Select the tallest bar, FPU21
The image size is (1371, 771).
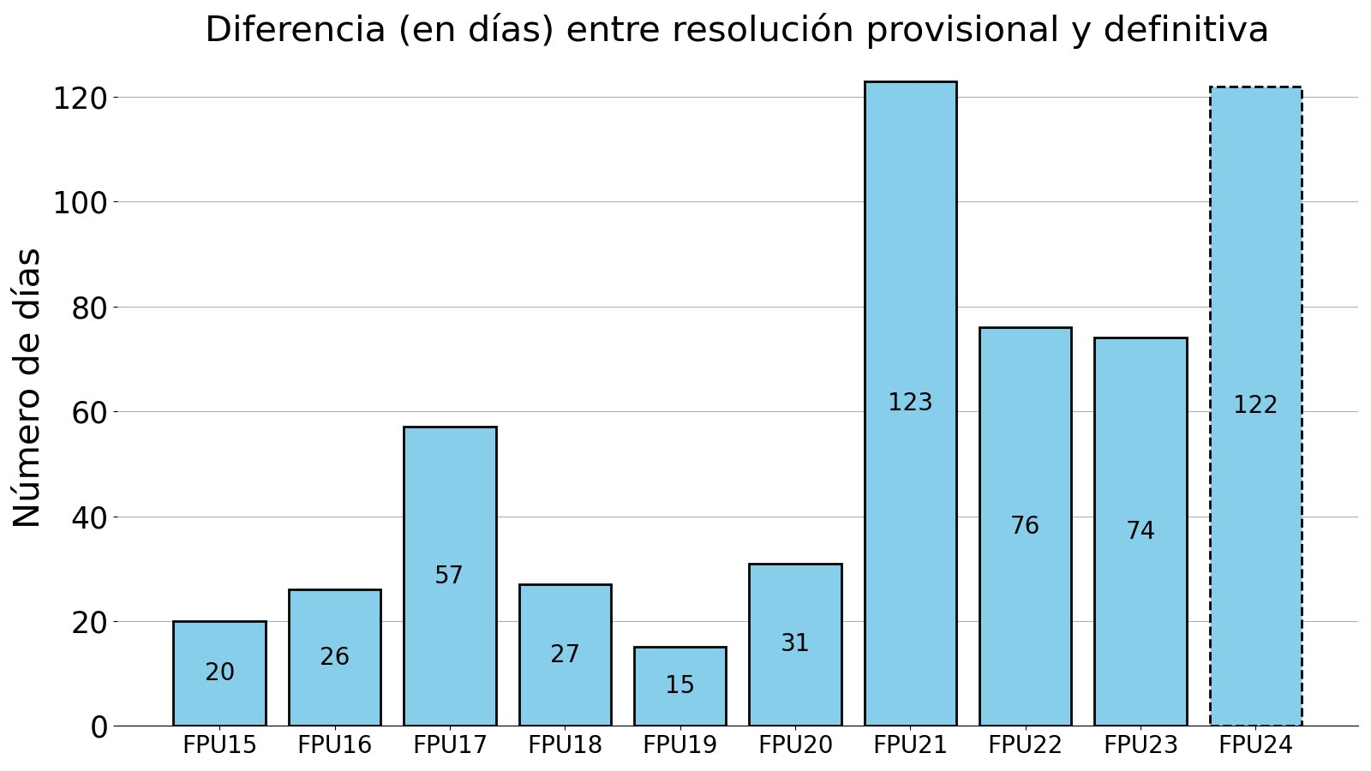click(x=910, y=257)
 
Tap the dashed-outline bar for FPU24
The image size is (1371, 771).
click(x=1255, y=257)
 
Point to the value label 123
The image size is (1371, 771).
click(x=910, y=403)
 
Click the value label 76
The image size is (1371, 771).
click(x=1025, y=526)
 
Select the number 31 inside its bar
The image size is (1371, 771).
click(x=795, y=643)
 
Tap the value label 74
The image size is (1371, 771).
click(x=1141, y=531)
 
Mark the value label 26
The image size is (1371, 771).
click(x=335, y=657)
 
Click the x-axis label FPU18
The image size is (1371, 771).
click(x=565, y=745)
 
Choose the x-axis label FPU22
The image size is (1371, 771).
click(x=1025, y=745)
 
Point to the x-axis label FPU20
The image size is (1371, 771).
click(x=795, y=745)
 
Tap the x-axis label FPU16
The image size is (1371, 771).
click(x=335, y=745)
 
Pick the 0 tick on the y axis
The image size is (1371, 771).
click(x=99, y=727)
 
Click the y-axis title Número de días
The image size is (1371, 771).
click(x=27, y=387)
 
